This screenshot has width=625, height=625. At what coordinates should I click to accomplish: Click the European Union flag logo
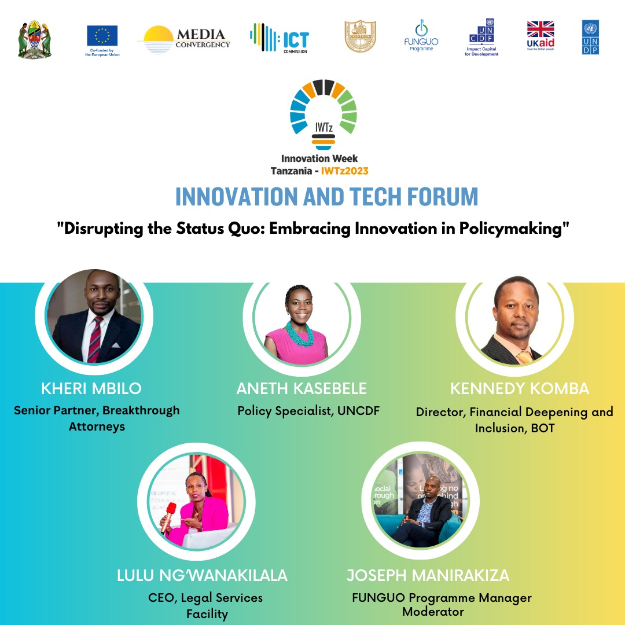(x=102, y=36)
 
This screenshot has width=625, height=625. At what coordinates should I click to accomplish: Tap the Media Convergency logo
(x=184, y=39)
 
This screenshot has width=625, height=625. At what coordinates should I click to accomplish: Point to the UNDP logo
(x=590, y=38)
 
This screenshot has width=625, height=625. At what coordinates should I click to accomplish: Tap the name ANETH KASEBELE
(x=302, y=388)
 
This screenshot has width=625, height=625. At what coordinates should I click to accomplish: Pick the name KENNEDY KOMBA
(x=520, y=388)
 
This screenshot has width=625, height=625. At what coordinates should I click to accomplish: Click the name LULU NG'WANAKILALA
(x=202, y=576)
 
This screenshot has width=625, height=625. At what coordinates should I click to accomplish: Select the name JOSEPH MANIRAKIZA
(x=428, y=576)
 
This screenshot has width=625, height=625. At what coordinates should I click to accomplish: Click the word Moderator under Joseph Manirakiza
(x=433, y=612)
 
